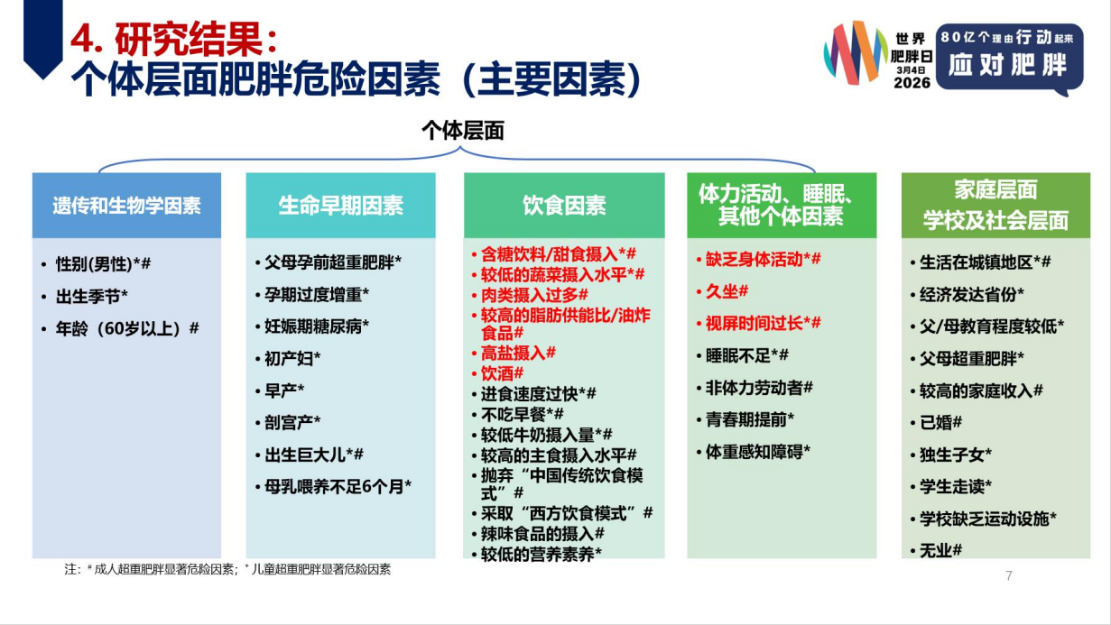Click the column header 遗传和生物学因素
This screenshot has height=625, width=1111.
126,206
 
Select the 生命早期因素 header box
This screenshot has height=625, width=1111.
341,206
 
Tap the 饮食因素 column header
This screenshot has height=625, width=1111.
564,206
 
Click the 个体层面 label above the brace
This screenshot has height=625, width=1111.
463,131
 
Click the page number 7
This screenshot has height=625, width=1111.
1009,575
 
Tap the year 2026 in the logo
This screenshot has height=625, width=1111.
912,82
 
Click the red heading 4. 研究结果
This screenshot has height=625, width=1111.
173,40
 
